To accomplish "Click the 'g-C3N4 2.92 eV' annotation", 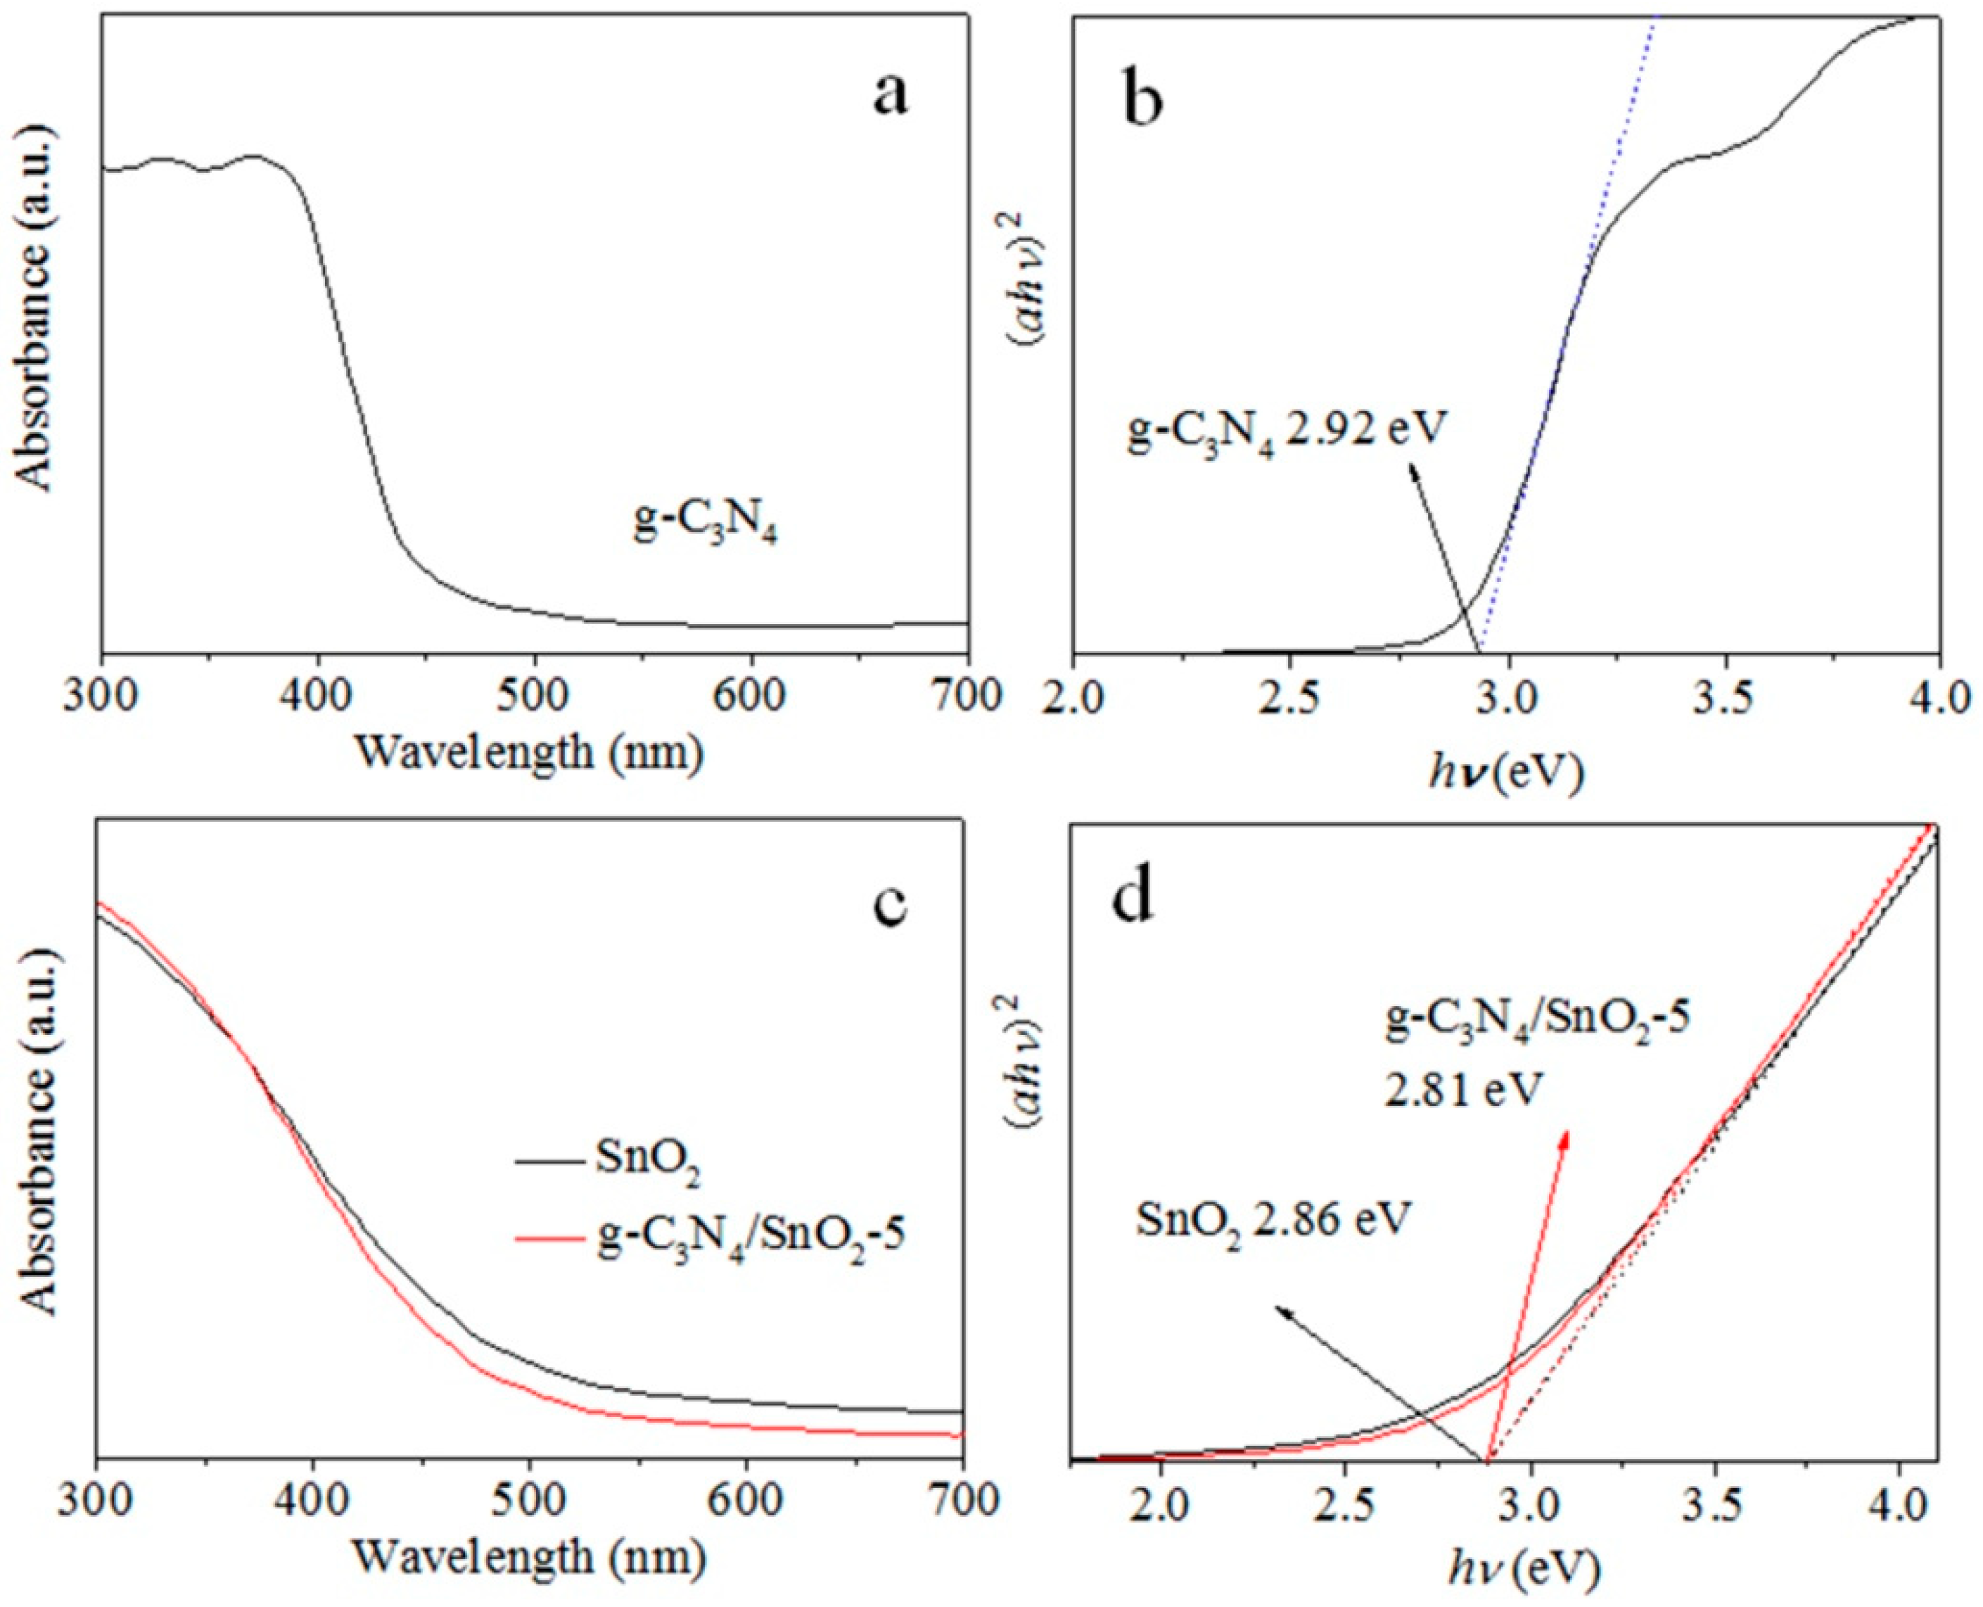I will (x=1285, y=431).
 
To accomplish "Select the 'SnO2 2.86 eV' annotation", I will (x=1273, y=1221).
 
